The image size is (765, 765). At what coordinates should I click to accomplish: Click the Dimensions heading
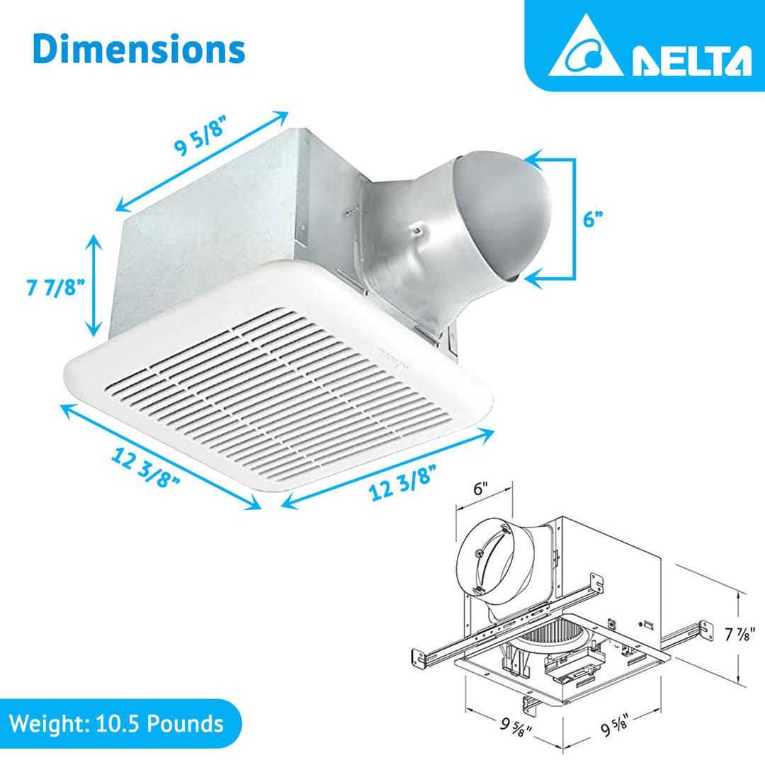pos(139,49)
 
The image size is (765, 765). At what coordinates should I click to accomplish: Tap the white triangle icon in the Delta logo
pos(585,50)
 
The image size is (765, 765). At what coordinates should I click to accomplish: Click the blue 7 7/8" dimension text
pos(56,288)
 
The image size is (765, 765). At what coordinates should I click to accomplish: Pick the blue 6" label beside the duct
pos(592,220)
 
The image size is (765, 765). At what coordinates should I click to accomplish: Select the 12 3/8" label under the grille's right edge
pos(402,483)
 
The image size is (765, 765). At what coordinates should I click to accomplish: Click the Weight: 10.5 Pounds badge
pos(117,723)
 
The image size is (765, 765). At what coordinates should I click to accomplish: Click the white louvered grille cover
pos(276,382)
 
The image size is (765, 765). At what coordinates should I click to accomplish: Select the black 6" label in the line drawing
pos(481,489)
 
